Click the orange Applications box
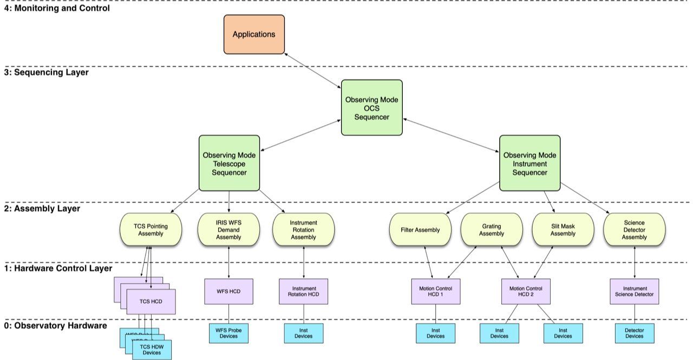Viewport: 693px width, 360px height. pyautogui.click(x=254, y=34)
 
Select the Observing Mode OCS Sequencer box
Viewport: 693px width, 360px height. pyautogui.click(x=371, y=108)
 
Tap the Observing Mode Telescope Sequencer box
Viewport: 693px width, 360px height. pyautogui.click(x=229, y=163)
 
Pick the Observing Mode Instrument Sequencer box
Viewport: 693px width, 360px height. pyautogui.click(x=529, y=163)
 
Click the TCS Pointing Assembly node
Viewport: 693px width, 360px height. pyautogui.click(x=151, y=230)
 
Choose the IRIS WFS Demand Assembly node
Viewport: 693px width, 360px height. pyautogui.click(x=228, y=230)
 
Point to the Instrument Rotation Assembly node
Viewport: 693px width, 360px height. pyautogui.click(x=303, y=230)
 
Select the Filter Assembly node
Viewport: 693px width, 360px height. pyautogui.click(x=420, y=230)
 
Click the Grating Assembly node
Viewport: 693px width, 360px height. pyautogui.click(x=491, y=230)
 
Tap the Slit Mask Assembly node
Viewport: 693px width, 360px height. pyautogui.click(x=563, y=230)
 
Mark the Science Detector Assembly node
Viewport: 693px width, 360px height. pyautogui.click(x=634, y=230)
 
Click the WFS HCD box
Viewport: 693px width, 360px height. pyautogui.click(x=228, y=291)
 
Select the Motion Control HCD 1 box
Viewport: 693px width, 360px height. pyautogui.click(x=435, y=291)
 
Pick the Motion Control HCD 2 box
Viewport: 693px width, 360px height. pyautogui.click(x=525, y=291)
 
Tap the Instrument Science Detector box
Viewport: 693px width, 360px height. pyautogui.click(x=634, y=291)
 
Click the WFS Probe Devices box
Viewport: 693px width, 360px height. pyautogui.click(x=228, y=333)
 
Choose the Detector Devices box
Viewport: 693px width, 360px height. pyautogui.click(x=634, y=333)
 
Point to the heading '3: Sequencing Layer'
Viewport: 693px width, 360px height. pyautogui.click(x=47, y=72)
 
